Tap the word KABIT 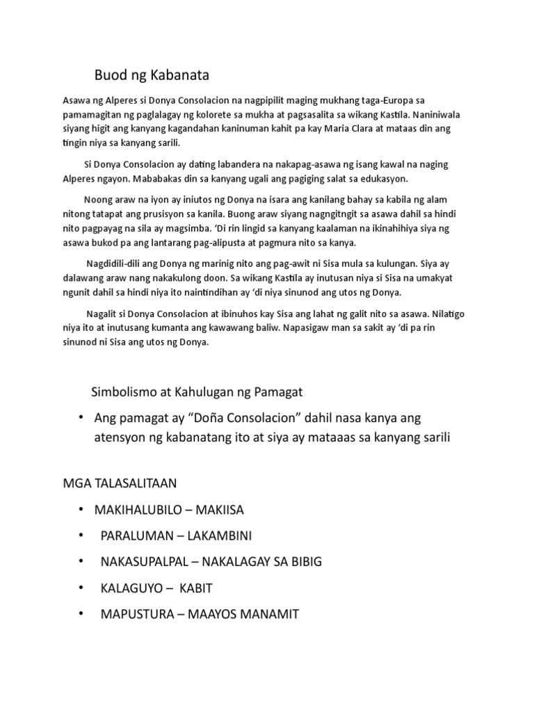pos(196,588)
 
